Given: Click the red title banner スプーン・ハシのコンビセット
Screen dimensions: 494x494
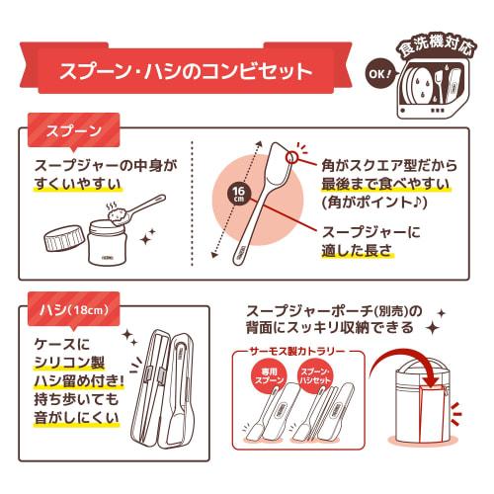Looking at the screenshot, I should pyautogui.click(x=188, y=72).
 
